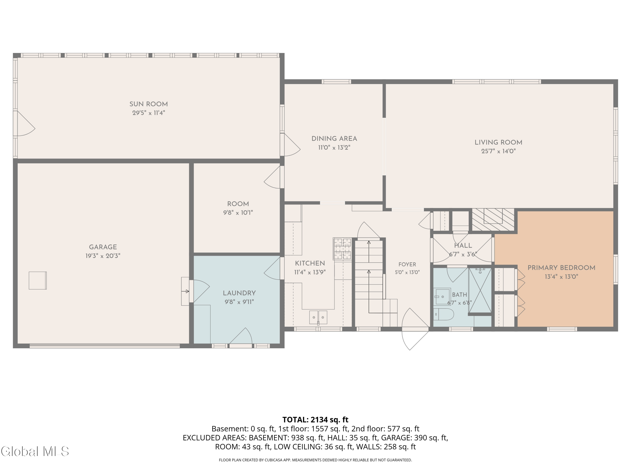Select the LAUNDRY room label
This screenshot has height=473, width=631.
click(239, 293)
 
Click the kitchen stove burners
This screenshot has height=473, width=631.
click(342, 249)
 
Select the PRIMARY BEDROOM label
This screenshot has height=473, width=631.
click(561, 268)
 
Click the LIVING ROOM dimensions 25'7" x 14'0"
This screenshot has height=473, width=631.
click(498, 151)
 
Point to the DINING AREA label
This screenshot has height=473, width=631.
click(334, 139)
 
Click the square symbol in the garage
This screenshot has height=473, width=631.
click(38, 281)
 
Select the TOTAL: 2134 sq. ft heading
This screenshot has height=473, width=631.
click(315, 420)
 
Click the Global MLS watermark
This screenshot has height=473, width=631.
click(35, 451)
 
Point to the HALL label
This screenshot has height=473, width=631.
click(463, 246)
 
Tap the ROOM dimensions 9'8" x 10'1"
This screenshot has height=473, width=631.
click(238, 213)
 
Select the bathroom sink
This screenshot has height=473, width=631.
click(443, 296)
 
